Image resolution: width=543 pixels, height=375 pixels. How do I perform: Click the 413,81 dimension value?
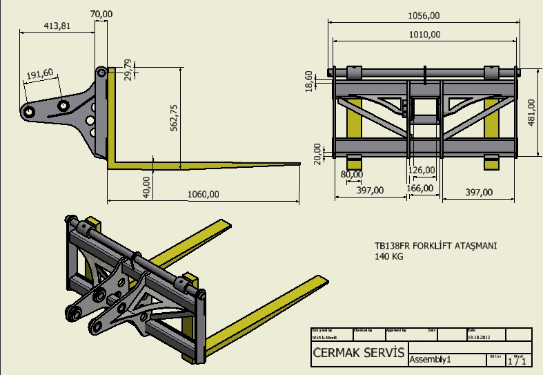click(x=57, y=26)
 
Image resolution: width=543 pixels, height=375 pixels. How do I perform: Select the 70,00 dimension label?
click(x=101, y=14)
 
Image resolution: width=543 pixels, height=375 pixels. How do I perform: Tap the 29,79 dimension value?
click(x=127, y=70)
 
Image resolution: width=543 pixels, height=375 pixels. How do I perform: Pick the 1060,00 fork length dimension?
click(x=204, y=194)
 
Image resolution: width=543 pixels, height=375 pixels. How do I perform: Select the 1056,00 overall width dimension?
click(x=424, y=15)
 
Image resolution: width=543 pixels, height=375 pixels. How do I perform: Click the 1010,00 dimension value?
click(x=424, y=34)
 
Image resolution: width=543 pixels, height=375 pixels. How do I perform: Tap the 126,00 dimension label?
click(x=422, y=170)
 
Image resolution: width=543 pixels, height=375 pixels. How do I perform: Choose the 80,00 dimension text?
click(x=352, y=173)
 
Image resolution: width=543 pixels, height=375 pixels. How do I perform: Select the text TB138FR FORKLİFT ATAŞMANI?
click(x=436, y=245)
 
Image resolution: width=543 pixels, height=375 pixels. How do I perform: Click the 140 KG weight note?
click(x=389, y=256)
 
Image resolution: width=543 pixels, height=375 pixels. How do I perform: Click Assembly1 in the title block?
click(x=431, y=360)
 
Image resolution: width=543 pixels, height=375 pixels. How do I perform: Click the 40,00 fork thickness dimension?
click(x=146, y=186)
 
